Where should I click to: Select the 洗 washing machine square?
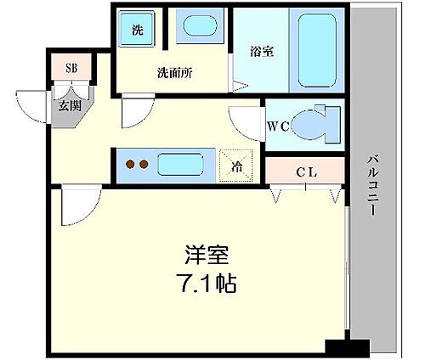click(x=137, y=31)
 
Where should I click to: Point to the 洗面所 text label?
click(x=174, y=73)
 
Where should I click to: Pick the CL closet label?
click(x=306, y=173)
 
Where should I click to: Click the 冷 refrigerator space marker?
click(x=235, y=165)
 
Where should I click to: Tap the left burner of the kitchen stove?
click(x=129, y=165)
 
